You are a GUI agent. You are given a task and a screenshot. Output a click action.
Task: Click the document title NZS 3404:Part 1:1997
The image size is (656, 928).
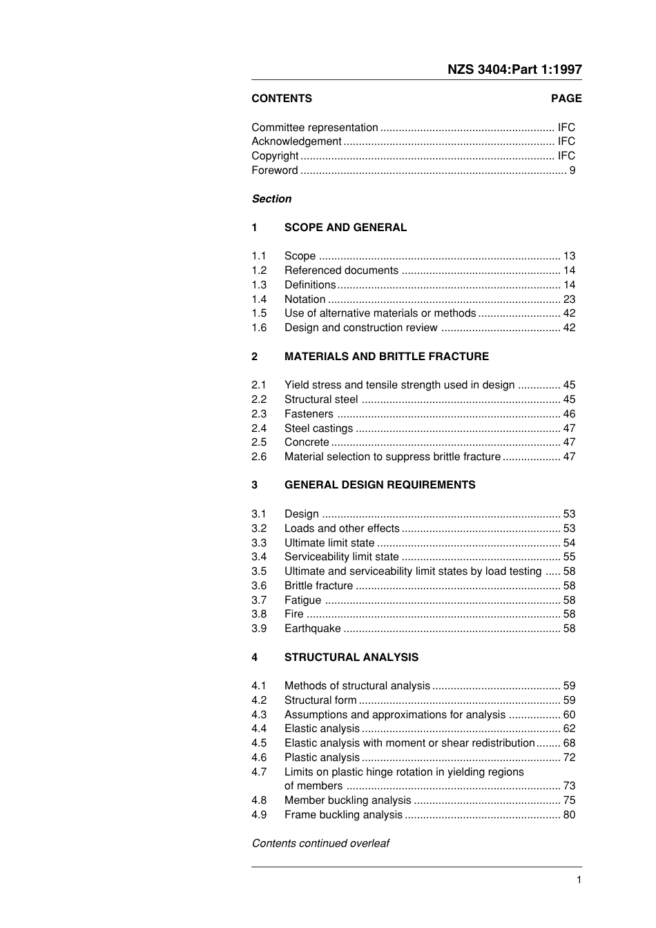click(x=514, y=69)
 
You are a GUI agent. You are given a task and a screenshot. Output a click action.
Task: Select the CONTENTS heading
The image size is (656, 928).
click(x=282, y=99)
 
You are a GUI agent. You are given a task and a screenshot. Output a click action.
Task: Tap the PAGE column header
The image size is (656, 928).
click(x=566, y=99)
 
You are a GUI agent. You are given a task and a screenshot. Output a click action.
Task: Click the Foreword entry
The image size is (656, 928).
click(x=275, y=170)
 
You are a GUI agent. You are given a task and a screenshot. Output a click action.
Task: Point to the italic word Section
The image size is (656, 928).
click(x=271, y=199)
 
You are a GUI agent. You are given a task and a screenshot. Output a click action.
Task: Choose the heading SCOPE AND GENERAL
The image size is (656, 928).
click(x=345, y=228)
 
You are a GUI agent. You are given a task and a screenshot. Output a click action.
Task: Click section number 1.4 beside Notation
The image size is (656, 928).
click(x=259, y=299)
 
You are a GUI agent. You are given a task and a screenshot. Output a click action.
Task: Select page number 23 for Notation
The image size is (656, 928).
click(x=569, y=299)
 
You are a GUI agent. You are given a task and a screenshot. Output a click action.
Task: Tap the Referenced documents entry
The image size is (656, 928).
click(x=341, y=270)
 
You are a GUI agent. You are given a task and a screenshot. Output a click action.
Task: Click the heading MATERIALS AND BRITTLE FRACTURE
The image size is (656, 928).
click(x=386, y=357)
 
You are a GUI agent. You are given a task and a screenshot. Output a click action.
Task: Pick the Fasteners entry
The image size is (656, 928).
click(x=309, y=414)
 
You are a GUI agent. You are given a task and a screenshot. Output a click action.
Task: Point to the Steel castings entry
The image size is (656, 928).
click(x=318, y=428)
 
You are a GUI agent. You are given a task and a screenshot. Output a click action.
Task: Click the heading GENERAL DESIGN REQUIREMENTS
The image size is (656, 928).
click(x=380, y=485)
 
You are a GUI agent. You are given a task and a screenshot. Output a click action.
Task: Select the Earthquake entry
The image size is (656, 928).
click(x=312, y=629)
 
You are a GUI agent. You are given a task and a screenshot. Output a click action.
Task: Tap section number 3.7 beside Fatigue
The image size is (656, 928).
click(x=259, y=600)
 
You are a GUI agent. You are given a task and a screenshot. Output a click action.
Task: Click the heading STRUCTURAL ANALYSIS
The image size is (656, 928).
click(x=351, y=658)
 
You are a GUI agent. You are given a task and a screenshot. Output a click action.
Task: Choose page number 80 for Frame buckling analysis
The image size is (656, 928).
click(x=569, y=815)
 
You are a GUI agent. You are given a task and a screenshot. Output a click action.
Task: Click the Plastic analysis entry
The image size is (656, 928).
click(x=322, y=758)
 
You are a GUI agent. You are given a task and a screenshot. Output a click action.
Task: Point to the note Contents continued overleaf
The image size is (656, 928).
click(x=320, y=843)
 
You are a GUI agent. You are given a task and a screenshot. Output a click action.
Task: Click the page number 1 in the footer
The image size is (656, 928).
click(x=579, y=880)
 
